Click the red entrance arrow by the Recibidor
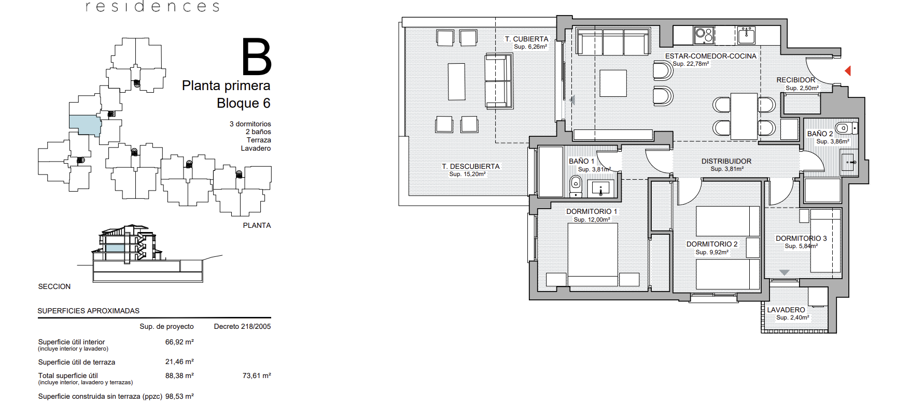[848, 70]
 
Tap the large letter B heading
[257, 57]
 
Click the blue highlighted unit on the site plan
[85, 125]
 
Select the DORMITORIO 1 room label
[592, 211]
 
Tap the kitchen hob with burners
[704, 35]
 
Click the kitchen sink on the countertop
[746, 35]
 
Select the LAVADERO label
[786, 310]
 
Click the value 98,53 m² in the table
[179, 396]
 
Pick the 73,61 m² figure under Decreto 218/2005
[257, 375]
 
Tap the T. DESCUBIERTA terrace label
[471, 166]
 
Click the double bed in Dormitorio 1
[593, 255]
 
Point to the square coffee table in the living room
[613, 83]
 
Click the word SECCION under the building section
[54, 286]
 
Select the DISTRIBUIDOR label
[726, 161]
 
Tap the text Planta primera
[226, 85]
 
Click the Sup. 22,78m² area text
[691, 64]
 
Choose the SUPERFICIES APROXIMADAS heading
[89, 311]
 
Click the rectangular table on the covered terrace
[456, 81]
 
